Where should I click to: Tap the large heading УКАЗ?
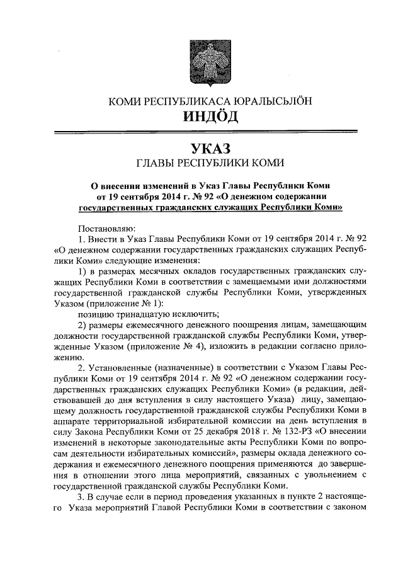pos(202,149)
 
